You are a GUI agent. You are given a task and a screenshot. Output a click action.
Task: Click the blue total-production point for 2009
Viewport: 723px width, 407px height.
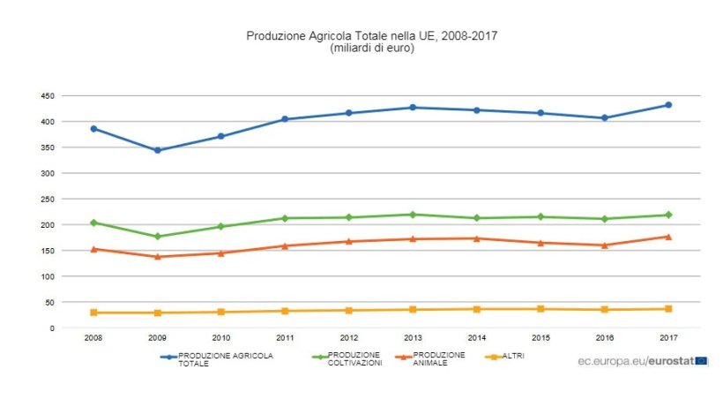point(158,150)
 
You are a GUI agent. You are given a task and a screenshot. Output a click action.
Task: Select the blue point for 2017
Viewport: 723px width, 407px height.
point(668,105)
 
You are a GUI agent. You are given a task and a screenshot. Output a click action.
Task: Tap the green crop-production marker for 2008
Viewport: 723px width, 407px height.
point(93,222)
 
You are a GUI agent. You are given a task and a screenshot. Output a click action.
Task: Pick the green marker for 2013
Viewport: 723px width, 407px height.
point(413,215)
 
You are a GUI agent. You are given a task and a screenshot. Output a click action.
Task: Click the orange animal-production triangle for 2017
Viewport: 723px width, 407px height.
point(668,237)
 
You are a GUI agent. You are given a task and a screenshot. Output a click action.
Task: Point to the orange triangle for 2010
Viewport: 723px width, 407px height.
point(221,253)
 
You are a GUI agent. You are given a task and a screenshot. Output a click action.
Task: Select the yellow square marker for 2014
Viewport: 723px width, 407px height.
point(477,309)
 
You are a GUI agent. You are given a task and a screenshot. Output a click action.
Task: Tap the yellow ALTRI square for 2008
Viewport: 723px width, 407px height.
point(93,313)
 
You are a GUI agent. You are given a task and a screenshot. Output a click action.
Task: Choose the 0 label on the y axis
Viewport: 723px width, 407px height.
point(52,328)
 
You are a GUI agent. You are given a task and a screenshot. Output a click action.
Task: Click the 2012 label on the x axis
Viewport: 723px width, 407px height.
point(349,337)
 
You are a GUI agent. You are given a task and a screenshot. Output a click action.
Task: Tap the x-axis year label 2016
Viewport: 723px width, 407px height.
point(605,337)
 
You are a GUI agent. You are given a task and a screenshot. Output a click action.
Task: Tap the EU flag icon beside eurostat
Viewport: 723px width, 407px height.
point(701,360)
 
